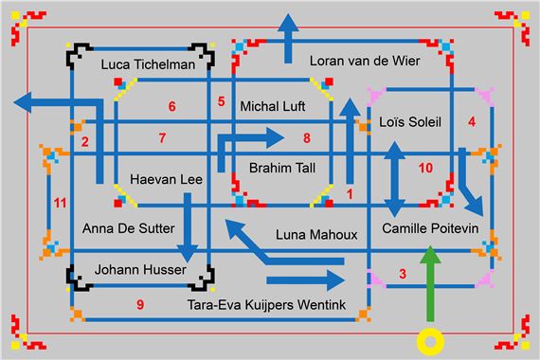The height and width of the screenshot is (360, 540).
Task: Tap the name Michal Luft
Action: [x=274, y=106]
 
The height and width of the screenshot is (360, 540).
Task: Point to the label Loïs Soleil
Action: [x=410, y=123]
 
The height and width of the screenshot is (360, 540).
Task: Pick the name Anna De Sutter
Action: [x=128, y=228]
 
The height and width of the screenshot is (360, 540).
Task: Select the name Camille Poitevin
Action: [x=430, y=229]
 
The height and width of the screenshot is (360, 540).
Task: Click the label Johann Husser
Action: [x=141, y=270]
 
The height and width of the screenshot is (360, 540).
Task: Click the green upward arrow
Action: [x=432, y=284]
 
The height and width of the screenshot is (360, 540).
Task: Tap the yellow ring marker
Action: [x=432, y=338]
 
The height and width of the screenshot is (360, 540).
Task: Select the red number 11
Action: [x=61, y=203]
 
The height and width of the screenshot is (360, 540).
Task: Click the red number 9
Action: [x=140, y=304]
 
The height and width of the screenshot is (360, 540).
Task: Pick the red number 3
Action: [x=403, y=275]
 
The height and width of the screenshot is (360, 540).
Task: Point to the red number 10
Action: [x=424, y=168]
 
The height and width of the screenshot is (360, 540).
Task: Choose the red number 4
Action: [x=472, y=121]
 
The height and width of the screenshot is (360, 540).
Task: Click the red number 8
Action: [x=306, y=138]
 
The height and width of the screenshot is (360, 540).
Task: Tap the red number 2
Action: [x=84, y=142]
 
